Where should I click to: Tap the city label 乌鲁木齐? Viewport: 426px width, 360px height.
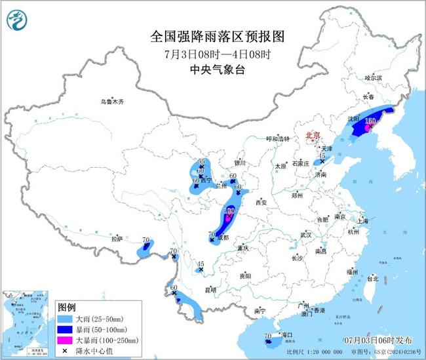click(111, 102)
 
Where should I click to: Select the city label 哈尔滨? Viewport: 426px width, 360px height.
click(372, 78)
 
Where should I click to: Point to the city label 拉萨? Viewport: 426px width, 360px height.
click(117, 239)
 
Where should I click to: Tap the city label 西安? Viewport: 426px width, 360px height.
click(262, 202)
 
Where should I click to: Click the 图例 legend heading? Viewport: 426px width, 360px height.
click(67, 307)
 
